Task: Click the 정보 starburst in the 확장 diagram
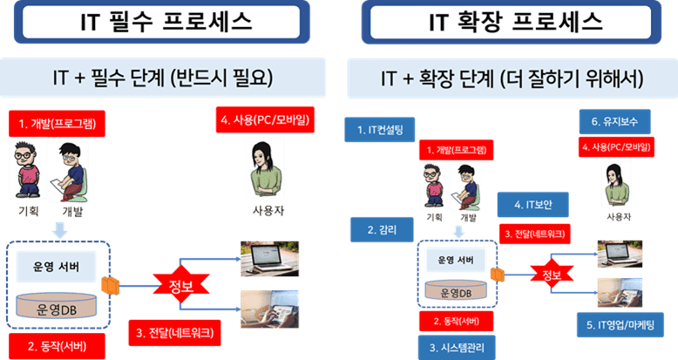[547, 275]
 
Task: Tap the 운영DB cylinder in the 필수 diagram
[60, 308]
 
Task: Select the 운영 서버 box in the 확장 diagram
[457, 260]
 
